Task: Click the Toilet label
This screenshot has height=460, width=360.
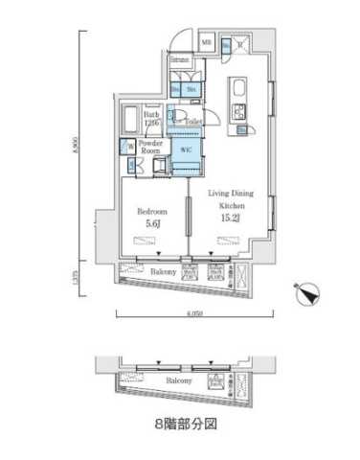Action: [x=192, y=123]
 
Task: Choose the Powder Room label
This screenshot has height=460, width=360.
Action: [x=149, y=148]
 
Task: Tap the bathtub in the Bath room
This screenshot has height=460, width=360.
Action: [x=131, y=120]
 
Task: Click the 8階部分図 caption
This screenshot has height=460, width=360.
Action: [x=180, y=424]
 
